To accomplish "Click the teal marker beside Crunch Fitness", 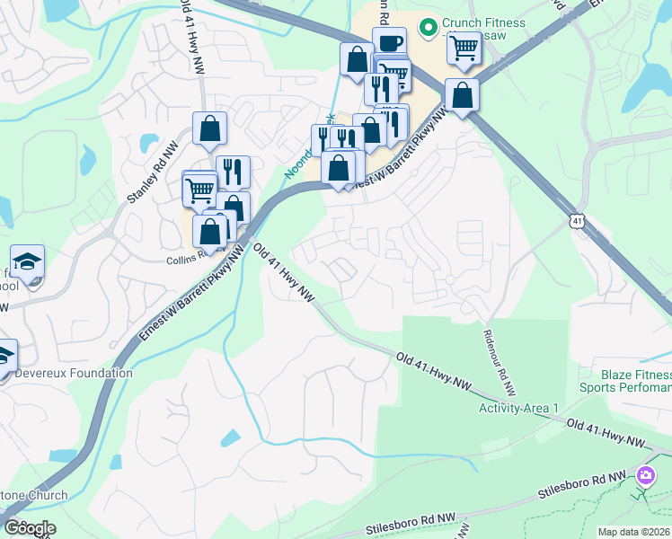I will tap(429, 27).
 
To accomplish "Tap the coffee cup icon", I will tap(389, 43).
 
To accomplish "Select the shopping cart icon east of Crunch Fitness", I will tap(464, 48).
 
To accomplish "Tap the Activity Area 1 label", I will tap(518, 408).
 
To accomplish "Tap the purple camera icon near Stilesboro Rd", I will tap(645, 475).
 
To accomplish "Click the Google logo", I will tap(30, 527).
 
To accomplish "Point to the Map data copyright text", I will tap(632, 531).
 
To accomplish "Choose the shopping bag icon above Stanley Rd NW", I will tap(209, 128).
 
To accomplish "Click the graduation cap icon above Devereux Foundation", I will tap(28, 261).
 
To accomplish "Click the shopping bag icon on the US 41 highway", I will tap(462, 95).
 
